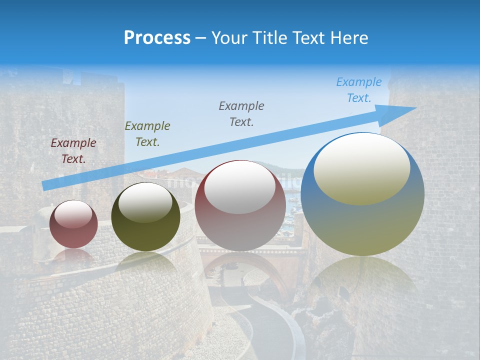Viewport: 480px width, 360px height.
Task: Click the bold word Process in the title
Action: [x=157, y=38]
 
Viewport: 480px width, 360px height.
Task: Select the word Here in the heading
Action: [x=348, y=38]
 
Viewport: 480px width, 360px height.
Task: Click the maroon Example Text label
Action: [x=73, y=151]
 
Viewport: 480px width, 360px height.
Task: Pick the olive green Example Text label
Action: [x=147, y=134]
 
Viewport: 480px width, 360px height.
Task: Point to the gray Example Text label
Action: [x=241, y=114]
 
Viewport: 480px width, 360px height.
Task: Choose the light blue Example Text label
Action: [x=359, y=90]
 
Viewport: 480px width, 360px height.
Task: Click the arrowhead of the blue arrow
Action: [x=400, y=113]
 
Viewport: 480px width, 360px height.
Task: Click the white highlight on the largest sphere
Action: [x=361, y=168]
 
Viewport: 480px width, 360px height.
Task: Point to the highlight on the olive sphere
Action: [x=145, y=202]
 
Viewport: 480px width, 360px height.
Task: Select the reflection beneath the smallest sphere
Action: [x=73, y=256]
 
